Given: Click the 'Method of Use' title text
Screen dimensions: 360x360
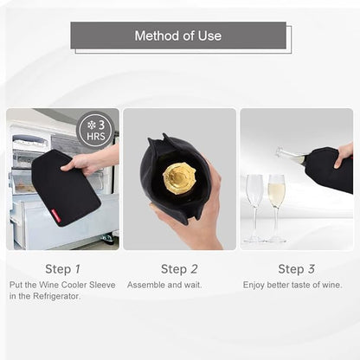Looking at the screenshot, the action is [178, 35].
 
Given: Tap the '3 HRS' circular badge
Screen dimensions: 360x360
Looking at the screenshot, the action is [95, 131].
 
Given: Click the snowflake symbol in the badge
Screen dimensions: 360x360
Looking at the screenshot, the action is [92, 125].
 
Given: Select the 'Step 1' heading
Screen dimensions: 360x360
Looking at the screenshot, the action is [62, 269].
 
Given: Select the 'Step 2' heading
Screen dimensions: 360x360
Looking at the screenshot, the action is [179, 269].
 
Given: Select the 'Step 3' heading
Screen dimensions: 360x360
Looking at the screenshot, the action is [296, 269].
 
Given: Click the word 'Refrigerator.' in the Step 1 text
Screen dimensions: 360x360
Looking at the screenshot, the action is [57, 296].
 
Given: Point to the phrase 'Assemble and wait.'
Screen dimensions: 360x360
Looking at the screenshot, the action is [164, 285].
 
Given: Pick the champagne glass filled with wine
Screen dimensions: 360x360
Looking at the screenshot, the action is [276, 208].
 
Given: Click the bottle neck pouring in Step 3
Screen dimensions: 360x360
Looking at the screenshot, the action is [291, 156].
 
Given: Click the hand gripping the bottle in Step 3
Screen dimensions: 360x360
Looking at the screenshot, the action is [344, 155].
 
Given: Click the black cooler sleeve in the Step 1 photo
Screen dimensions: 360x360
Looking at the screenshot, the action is [66, 188].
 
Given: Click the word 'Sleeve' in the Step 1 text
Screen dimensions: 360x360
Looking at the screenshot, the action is [102, 285].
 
